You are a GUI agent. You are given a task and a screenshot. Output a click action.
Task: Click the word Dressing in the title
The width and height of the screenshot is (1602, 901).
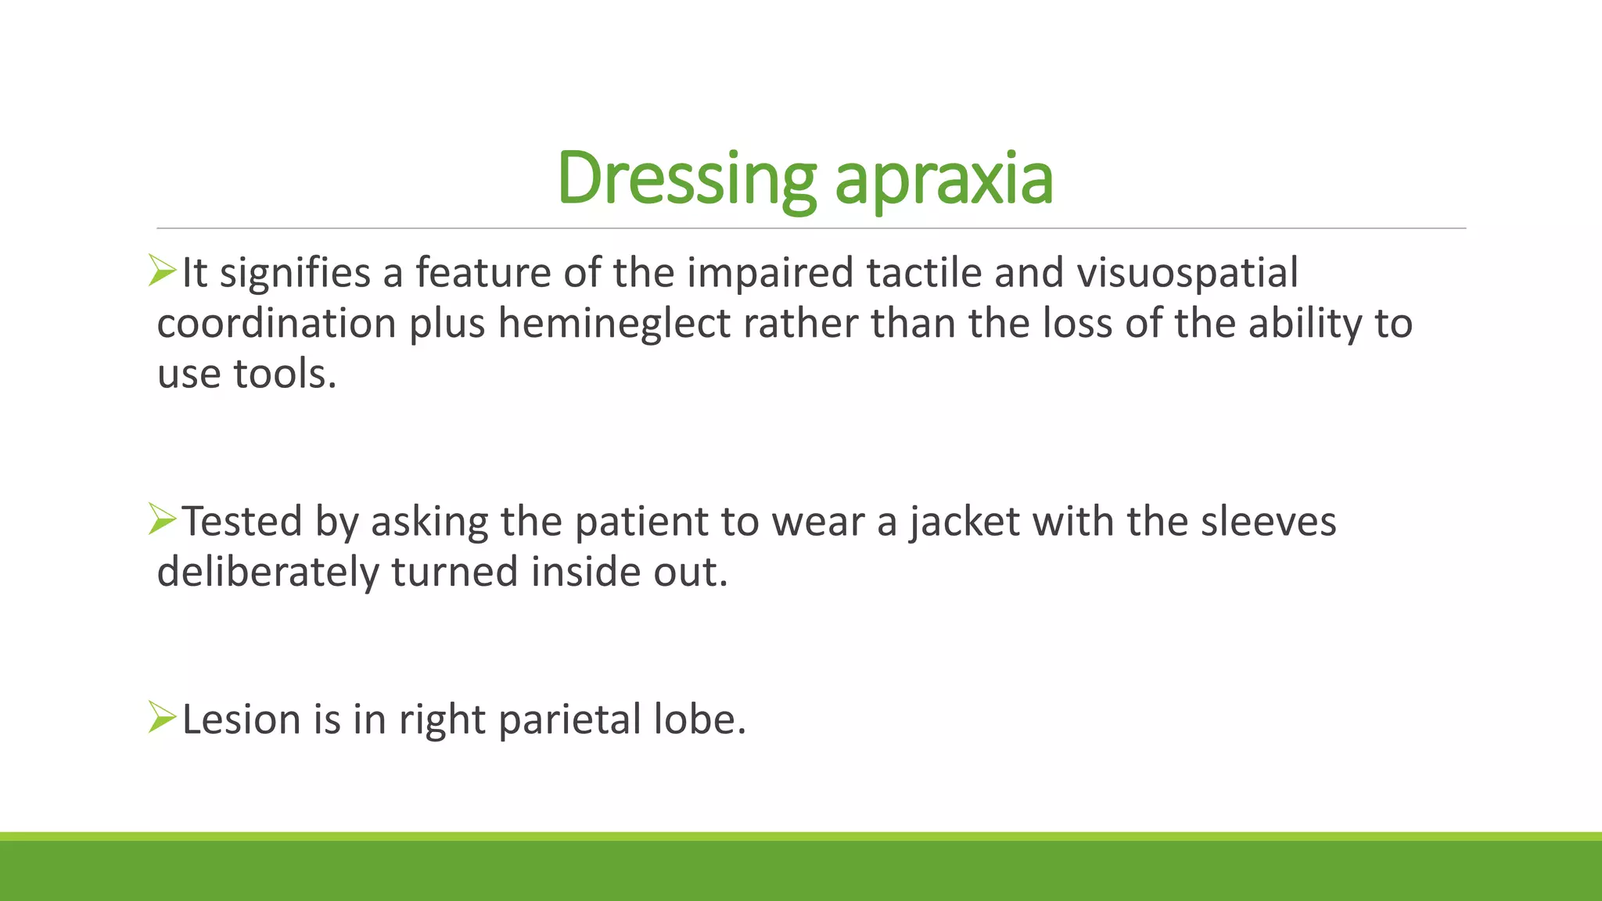point(686,178)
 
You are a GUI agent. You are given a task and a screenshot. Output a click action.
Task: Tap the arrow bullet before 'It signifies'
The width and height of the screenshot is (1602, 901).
point(163,271)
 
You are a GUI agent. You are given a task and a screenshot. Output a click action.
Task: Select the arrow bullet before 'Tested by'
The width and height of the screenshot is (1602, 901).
point(163,519)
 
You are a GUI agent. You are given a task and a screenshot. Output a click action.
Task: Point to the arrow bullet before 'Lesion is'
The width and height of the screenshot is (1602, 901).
point(163,717)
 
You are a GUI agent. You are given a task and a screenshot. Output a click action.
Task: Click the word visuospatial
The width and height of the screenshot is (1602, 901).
point(1187,274)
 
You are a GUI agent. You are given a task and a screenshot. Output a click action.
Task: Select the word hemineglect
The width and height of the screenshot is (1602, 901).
point(614,324)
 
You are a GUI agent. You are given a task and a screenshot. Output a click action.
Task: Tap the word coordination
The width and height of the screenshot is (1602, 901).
point(276,324)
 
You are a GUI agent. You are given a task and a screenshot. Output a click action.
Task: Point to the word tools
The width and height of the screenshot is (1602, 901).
point(285,374)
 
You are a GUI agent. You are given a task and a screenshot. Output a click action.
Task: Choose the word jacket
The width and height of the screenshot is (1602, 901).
point(964,522)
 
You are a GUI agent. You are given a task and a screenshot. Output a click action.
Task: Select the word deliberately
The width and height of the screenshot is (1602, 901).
point(268,573)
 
